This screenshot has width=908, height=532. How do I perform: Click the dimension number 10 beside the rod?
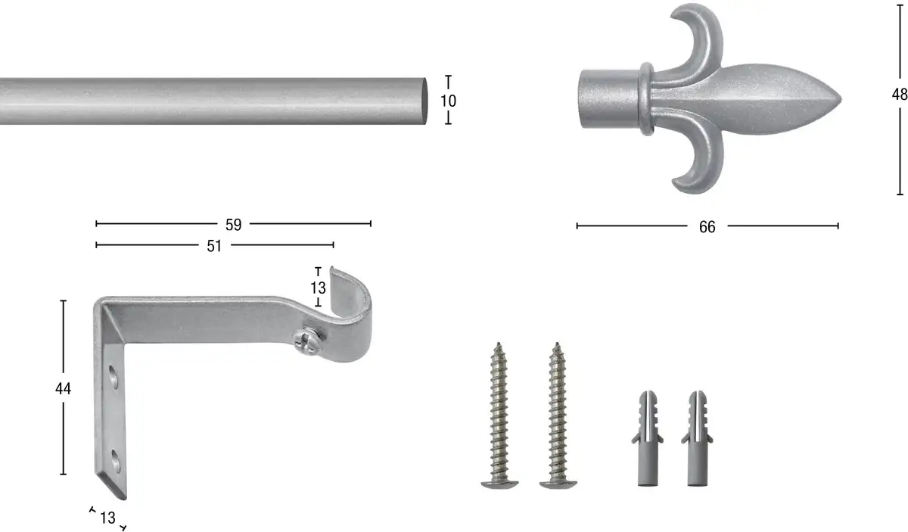pyautogui.click(x=448, y=101)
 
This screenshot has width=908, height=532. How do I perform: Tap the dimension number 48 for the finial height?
pyautogui.click(x=900, y=95)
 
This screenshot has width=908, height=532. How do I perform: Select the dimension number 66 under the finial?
pyautogui.click(x=707, y=227)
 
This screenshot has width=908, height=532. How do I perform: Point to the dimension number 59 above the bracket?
pyautogui.click(x=234, y=225)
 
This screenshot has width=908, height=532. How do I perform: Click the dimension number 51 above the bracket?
pyautogui.click(x=214, y=246)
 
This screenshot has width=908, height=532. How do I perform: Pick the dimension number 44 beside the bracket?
pyautogui.click(x=64, y=389)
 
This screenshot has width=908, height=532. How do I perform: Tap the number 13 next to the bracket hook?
pyautogui.click(x=319, y=288)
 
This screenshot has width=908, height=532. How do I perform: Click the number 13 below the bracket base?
pyautogui.click(x=107, y=518)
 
